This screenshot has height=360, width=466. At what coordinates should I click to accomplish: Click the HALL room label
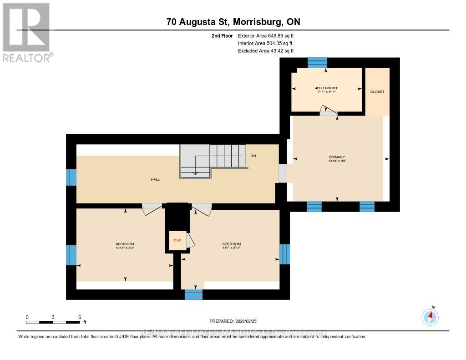click(155, 179)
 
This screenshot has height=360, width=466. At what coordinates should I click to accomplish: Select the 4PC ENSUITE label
click(326, 88)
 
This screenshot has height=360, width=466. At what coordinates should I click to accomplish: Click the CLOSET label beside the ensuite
click(377, 91)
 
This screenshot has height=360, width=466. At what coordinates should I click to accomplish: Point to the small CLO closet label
click(177, 240)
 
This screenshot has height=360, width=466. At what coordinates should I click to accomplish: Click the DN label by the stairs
click(253, 156)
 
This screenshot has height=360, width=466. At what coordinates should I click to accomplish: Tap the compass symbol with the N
click(430, 316)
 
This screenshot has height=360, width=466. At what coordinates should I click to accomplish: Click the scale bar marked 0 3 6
click(53, 322)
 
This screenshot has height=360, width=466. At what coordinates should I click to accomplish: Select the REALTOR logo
click(28, 32)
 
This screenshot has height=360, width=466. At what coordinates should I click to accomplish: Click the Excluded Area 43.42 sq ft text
click(266, 51)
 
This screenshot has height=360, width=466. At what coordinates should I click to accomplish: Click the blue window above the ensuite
click(317, 63)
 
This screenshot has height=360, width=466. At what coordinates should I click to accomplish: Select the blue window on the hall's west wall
click(71, 177)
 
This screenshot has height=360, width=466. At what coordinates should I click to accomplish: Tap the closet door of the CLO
click(191, 241)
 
